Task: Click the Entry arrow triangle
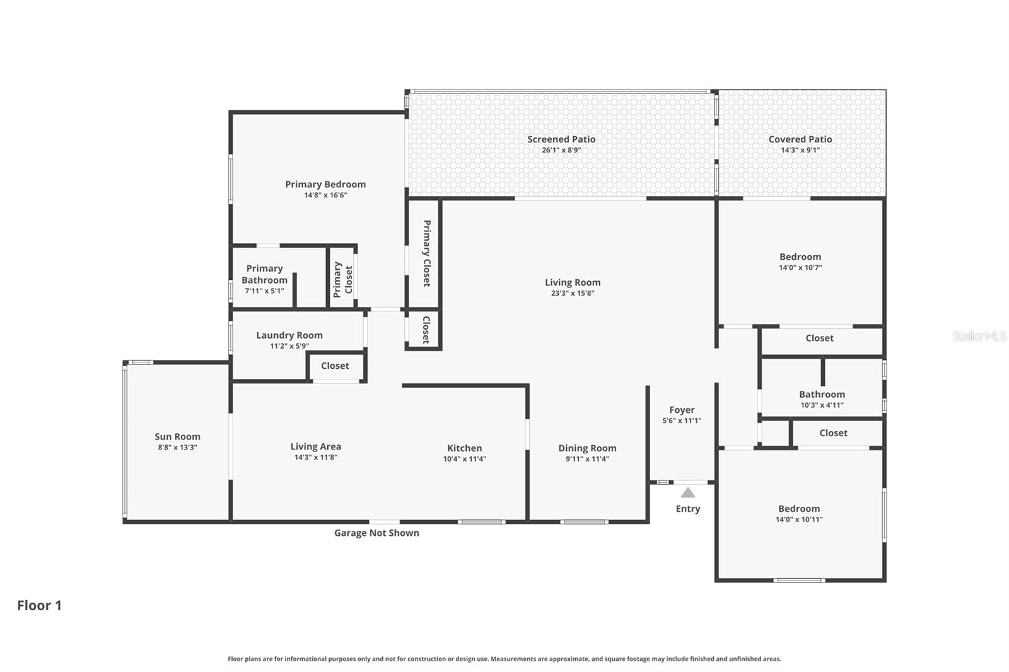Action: click(687, 492)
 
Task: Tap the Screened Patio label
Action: click(561, 139)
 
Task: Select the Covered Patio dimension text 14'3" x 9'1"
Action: click(800, 150)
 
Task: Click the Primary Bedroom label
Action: click(325, 184)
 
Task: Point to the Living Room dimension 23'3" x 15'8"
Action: click(573, 293)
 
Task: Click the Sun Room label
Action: click(177, 436)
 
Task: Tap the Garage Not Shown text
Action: click(376, 533)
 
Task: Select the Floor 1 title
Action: click(39, 605)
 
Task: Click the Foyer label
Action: click(682, 410)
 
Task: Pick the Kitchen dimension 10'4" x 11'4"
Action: click(464, 459)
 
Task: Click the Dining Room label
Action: click(587, 448)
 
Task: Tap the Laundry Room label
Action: click(289, 335)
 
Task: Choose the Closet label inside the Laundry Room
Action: click(335, 366)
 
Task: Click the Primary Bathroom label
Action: click(264, 274)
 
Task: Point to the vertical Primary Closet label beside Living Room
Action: click(427, 253)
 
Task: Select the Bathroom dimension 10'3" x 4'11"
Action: click(822, 405)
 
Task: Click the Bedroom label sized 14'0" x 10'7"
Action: click(800, 257)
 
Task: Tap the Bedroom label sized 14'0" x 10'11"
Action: click(799, 509)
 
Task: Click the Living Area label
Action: click(315, 446)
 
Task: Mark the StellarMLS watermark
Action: click(979, 336)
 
